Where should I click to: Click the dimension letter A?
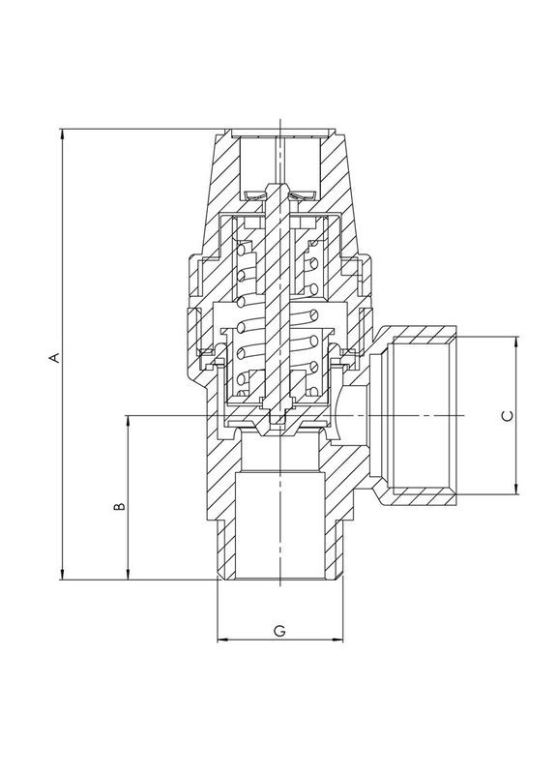[56, 357]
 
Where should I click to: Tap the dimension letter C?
[506, 415]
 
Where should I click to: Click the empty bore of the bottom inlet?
[279, 527]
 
